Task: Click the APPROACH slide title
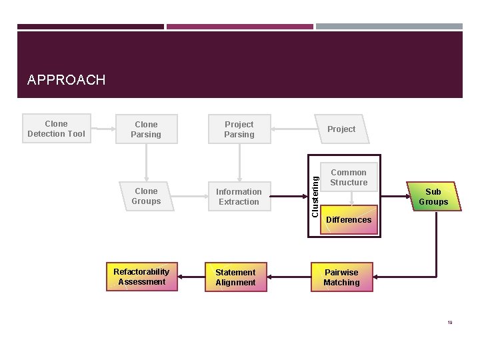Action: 66,80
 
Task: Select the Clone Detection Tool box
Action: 57,129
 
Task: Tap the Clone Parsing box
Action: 146,129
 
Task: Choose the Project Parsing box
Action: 239,129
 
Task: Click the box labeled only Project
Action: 341,129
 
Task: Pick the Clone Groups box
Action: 146,196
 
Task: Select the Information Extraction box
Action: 239,197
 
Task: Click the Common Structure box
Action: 349,177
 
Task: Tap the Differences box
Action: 349,219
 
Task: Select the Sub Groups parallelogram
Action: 433,197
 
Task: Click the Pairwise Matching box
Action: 341,277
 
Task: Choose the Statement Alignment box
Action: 235,277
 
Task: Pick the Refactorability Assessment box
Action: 141,277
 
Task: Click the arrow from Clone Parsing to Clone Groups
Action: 146,163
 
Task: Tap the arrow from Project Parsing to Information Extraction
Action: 239,163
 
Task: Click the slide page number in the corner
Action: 450,323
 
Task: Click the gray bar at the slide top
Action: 389,27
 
